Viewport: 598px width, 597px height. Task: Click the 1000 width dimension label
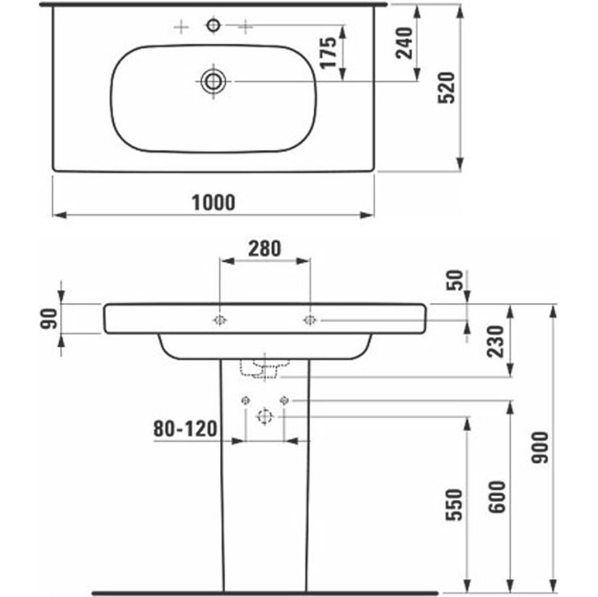213,202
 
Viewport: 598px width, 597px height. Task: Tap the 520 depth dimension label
446,88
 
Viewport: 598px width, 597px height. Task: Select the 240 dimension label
405,43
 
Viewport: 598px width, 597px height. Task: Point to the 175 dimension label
329,53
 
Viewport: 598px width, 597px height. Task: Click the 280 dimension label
265,248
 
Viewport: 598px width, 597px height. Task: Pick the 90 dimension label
49,319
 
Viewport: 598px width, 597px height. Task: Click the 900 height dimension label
540,447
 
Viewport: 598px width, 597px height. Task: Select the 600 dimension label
497,497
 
